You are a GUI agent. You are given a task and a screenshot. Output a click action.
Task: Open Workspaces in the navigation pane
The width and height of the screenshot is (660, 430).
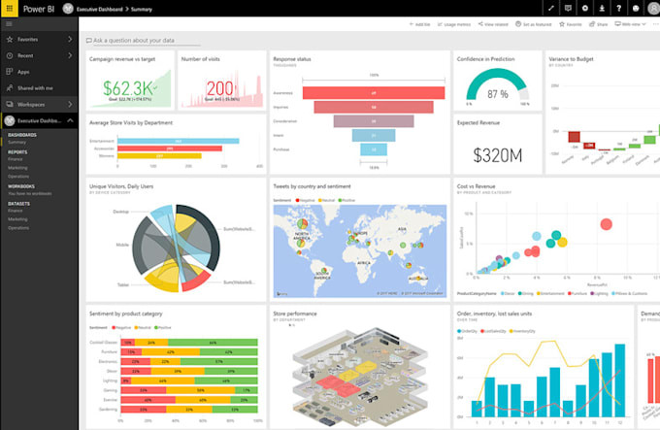31,103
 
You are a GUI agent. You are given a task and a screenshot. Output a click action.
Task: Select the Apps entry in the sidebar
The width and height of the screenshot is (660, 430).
23,72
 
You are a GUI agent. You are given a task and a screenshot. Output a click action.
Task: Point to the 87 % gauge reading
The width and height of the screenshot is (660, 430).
497,94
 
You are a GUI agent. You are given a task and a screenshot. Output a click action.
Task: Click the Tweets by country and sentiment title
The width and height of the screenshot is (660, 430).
313,185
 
